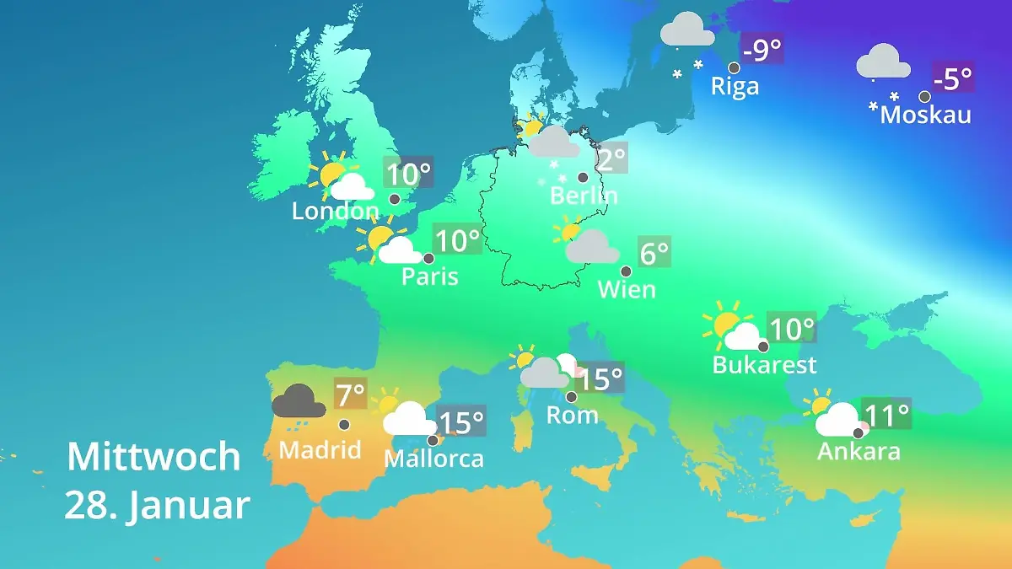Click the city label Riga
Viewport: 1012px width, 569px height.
[735, 86]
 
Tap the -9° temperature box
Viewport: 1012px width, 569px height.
[762, 50]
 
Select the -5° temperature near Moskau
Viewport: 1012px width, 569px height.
[953, 79]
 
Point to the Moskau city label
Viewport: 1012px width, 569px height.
[925, 115]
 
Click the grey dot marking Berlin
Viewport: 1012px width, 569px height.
[583, 177]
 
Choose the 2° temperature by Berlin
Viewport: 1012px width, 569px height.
[611, 158]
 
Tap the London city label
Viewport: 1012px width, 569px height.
[335, 211]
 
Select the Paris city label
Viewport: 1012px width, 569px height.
[429, 276]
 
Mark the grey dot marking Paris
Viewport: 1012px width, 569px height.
[428, 259]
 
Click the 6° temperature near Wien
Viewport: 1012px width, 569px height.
[654, 253]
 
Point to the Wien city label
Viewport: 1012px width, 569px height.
[626, 289]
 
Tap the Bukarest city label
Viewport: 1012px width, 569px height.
[764, 364]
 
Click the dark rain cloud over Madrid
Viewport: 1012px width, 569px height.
[299, 403]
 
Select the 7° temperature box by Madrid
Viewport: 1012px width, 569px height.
[350, 394]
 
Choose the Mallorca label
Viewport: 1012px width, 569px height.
[433, 459]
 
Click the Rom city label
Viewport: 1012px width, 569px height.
[572, 415]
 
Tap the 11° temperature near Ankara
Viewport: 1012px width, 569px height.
[886, 415]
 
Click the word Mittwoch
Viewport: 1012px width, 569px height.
[153, 457]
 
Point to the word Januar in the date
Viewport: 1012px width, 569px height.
[190, 506]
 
